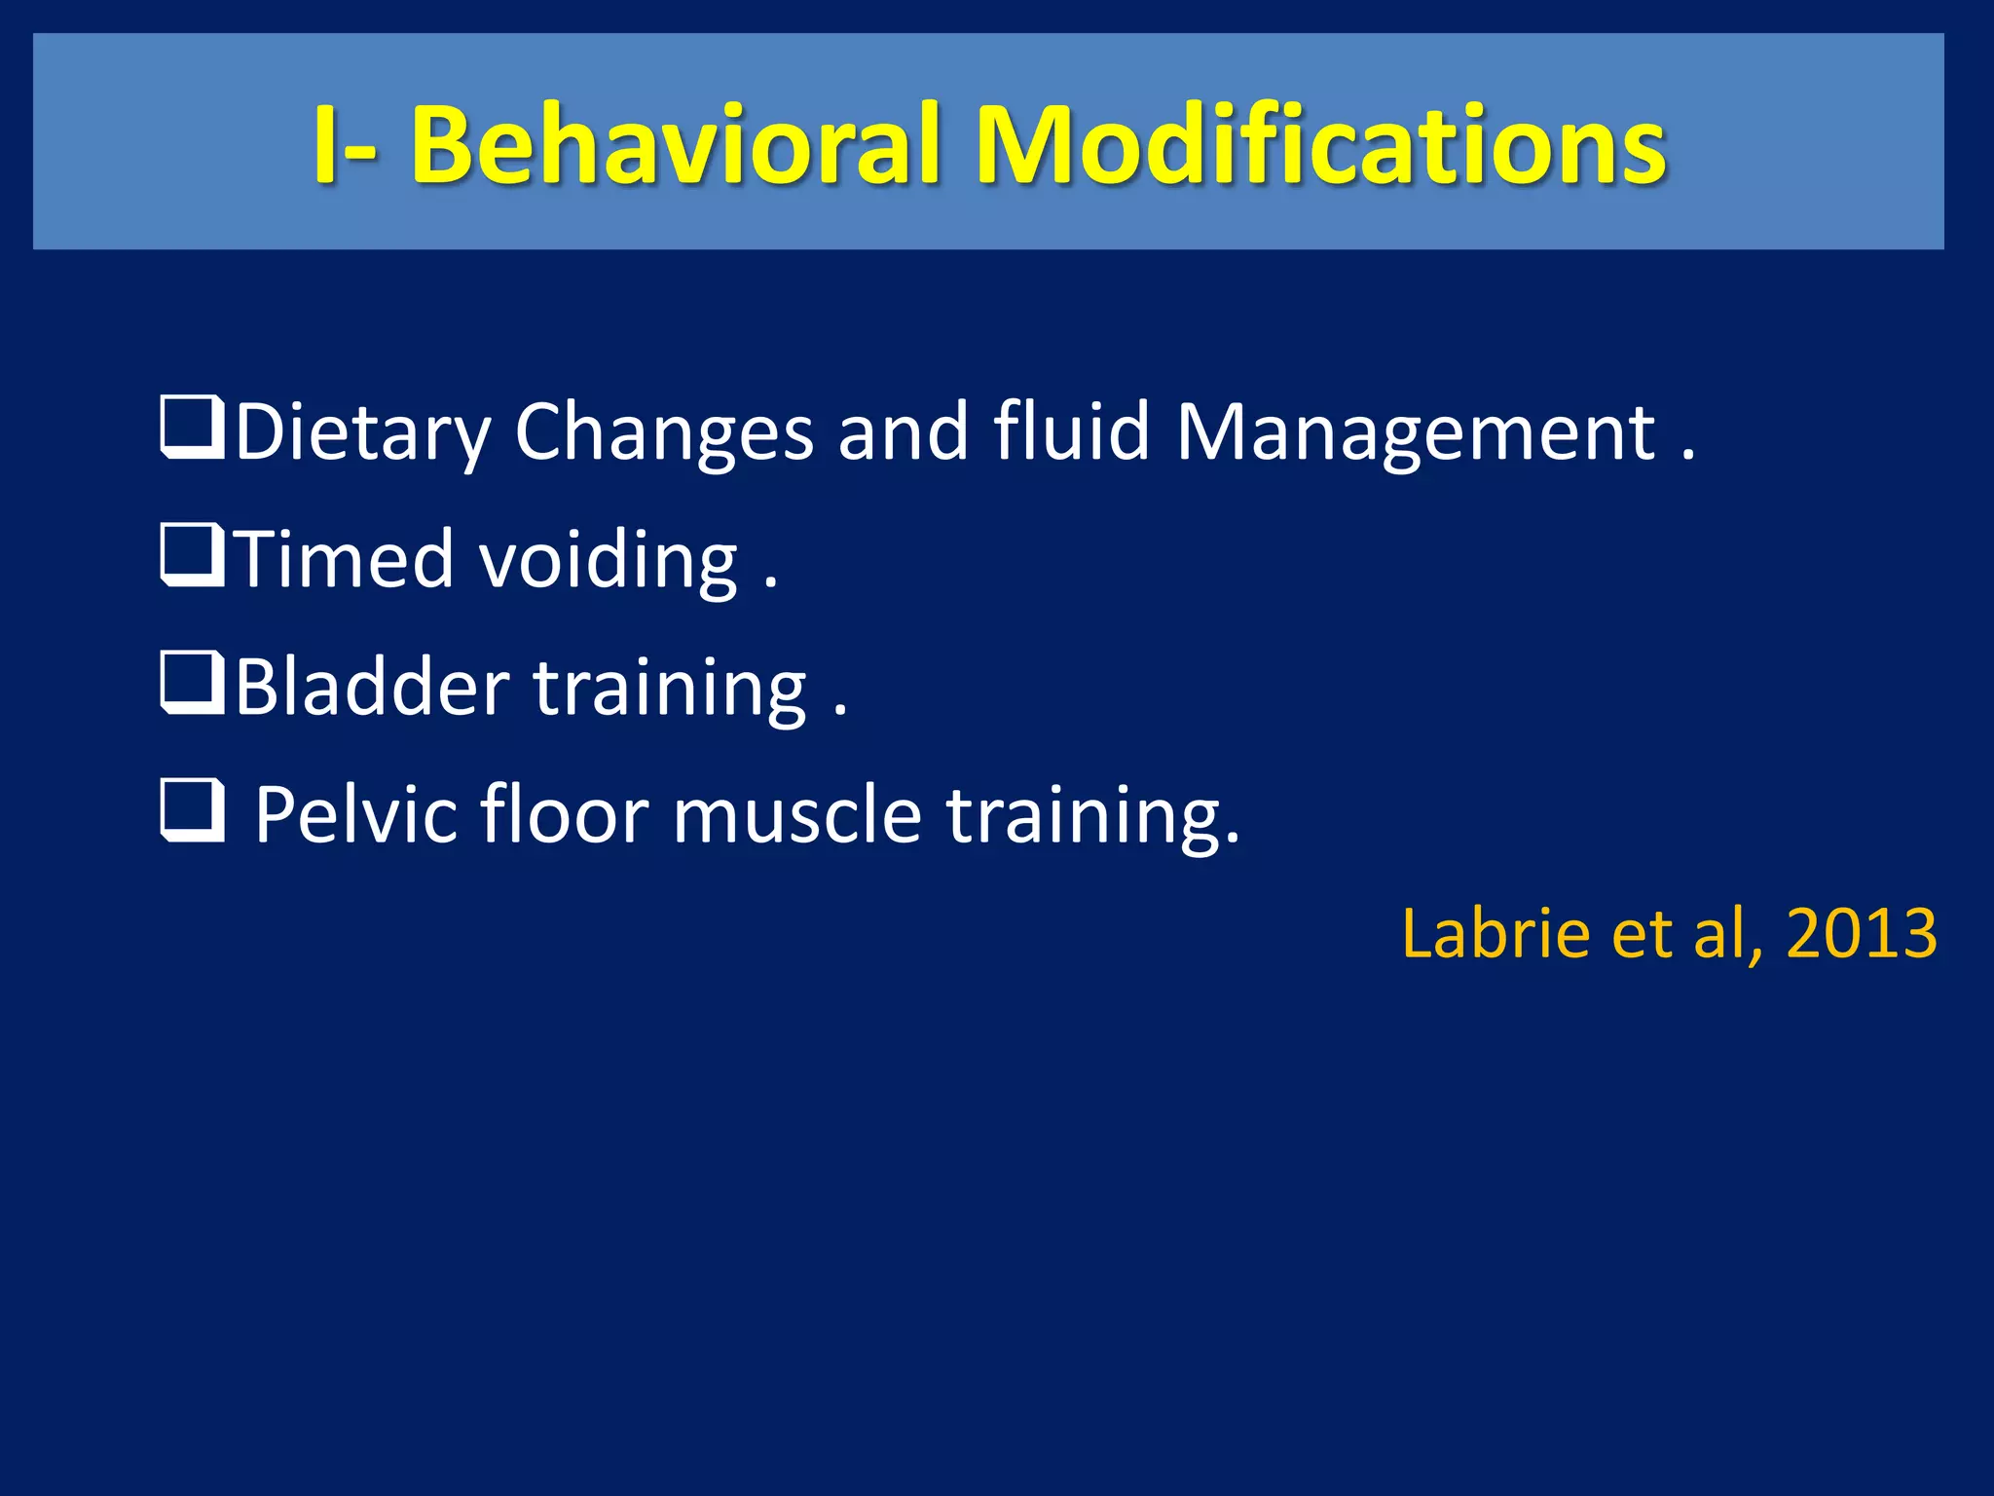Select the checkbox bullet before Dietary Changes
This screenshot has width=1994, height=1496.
(192, 429)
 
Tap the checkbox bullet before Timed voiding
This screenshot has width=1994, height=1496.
(192, 556)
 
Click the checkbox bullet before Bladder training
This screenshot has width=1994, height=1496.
(192, 684)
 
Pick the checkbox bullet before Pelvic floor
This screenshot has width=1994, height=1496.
(192, 811)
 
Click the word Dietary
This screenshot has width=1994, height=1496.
(362, 433)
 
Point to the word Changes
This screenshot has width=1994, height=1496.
(663, 433)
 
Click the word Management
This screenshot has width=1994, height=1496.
(1416, 433)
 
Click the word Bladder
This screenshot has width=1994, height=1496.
(372, 687)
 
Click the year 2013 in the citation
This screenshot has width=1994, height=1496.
(1862, 933)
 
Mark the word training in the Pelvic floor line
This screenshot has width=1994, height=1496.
(1091, 817)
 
